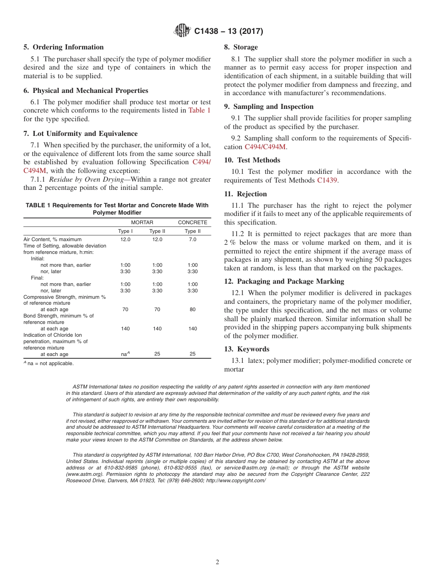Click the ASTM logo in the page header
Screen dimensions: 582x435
coord(182,31)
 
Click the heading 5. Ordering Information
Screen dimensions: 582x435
coord(64,47)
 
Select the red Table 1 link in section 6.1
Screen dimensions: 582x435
coord(199,110)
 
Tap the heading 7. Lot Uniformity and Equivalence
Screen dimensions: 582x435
coord(81,134)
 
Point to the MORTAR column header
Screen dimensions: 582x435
coord(142,222)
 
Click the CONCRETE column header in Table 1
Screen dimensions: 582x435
coord(192,222)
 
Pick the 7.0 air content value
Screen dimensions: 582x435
coord(192,239)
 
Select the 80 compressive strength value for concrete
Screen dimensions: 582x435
coord(192,310)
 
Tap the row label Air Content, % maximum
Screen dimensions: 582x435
coord(53,239)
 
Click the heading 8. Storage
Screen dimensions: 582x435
coord(241,47)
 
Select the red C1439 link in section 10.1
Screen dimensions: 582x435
coord(327,180)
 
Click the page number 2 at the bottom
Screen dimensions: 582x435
coord(217,562)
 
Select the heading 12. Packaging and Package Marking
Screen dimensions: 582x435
coord(284,281)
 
